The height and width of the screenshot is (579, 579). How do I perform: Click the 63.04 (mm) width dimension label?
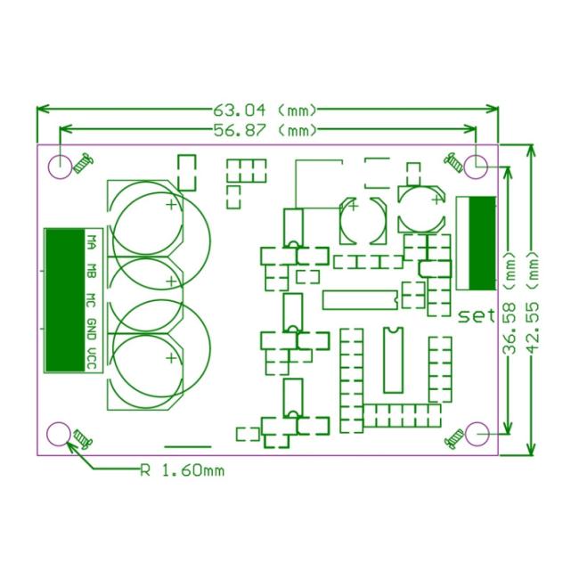tap(265, 110)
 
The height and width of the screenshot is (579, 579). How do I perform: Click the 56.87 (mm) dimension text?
tap(265, 130)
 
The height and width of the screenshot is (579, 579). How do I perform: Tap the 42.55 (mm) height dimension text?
tap(533, 302)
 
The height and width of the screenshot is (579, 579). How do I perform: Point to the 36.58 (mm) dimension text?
tap(510, 304)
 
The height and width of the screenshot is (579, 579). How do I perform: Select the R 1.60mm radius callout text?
tap(183, 471)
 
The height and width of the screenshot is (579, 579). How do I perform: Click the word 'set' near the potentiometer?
tap(477, 316)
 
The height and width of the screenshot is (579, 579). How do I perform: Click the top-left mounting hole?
tap(60, 167)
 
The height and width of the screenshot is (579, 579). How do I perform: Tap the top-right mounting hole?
tap(476, 167)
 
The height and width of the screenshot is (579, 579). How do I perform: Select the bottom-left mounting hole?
tap(59, 434)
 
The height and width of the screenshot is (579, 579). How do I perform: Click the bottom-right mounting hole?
tap(477, 434)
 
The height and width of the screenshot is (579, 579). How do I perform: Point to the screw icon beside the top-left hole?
tap(83, 163)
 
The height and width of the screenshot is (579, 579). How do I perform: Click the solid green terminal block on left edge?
tap(65, 300)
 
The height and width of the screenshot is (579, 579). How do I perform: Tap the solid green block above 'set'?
tap(482, 243)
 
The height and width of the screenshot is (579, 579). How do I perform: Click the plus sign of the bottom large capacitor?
tap(171, 358)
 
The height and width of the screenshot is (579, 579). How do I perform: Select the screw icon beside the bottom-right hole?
tap(454, 439)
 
